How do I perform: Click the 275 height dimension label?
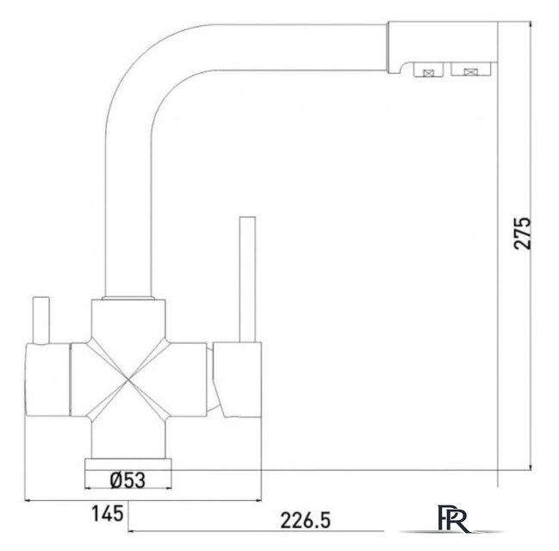click(x=523, y=233)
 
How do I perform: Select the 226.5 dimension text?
click(x=306, y=520)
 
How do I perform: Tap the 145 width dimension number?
click(x=108, y=513)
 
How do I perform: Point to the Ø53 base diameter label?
click(x=127, y=480)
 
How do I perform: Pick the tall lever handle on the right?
click(x=248, y=280)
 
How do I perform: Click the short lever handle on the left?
click(x=41, y=320)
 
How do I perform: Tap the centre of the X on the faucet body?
click(x=128, y=380)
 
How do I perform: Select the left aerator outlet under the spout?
click(x=428, y=70)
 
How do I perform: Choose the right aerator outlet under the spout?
click(x=470, y=69)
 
